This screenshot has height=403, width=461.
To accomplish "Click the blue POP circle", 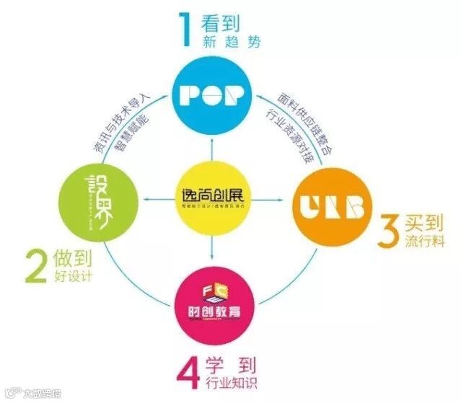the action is click(x=213, y=93).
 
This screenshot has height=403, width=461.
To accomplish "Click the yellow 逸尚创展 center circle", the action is click(x=211, y=199).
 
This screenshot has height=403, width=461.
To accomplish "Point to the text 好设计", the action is click(x=78, y=275).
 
